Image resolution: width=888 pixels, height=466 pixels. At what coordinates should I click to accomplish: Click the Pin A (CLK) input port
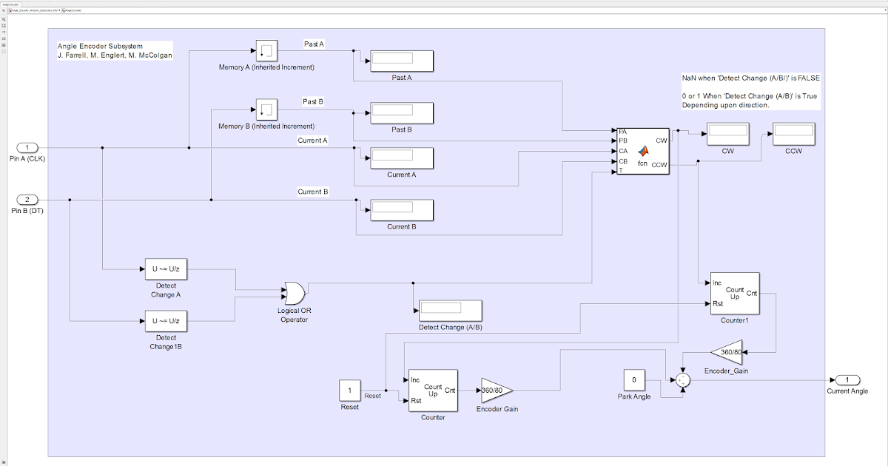(x=27, y=147)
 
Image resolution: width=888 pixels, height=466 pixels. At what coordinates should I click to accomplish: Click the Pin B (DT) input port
(x=27, y=200)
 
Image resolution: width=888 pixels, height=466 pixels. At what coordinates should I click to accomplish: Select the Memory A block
(x=266, y=51)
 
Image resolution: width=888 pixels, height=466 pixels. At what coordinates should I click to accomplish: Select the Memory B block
(x=266, y=110)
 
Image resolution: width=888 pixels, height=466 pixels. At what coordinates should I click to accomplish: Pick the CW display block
(x=728, y=135)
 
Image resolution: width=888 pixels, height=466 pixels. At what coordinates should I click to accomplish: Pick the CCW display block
(x=793, y=135)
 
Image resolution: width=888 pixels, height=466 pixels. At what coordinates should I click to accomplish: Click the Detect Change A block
(x=166, y=269)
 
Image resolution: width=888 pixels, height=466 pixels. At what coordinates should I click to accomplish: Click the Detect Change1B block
(x=166, y=321)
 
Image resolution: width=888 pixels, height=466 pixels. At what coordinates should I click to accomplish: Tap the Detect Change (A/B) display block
(x=450, y=311)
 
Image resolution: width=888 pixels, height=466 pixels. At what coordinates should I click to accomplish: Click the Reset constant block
(x=350, y=390)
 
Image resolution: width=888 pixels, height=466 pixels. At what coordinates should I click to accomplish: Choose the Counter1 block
(x=734, y=294)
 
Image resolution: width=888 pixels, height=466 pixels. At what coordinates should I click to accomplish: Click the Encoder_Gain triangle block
(x=726, y=352)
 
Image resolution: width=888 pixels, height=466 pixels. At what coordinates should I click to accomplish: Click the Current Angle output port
(x=847, y=379)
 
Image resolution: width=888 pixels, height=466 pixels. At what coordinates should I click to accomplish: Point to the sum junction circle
(x=683, y=380)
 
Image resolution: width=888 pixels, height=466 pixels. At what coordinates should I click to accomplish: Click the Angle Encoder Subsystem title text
(x=100, y=46)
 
